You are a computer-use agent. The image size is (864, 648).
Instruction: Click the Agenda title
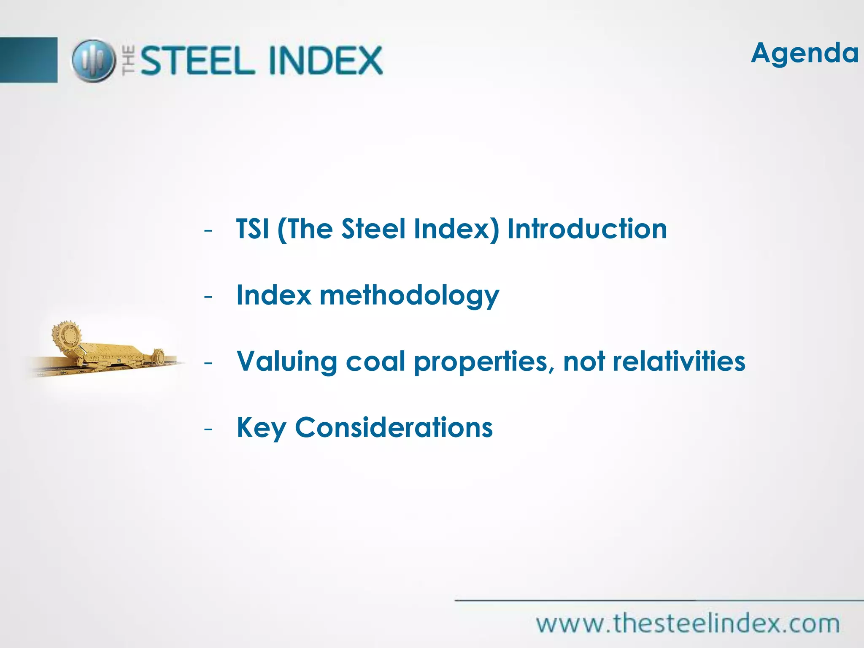pyautogui.click(x=804, y=54)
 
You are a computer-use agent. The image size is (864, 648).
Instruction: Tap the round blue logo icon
pyautogui.click(x=93, y=61)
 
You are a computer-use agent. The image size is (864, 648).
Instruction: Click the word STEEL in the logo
pyautogui.click(x=197, y=61)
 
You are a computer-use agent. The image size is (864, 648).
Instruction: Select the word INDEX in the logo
pyautogui.click(x=325, y=61)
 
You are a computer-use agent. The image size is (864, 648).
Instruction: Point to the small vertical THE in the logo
pyautogui.click(x=129, y=61)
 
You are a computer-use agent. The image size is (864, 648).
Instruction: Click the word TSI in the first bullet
pyautogui.click(x=252, y=229)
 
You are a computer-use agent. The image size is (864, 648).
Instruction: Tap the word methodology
pyautogui.click(x=409, y=296)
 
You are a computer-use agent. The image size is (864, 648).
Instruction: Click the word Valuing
pyautogui.click(x=287, y=362)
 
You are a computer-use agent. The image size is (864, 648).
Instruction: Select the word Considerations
pyautogui.click(x=394, y=428)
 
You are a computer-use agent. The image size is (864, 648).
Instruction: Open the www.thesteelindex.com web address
pyautogui.click(x=688, y=624)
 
